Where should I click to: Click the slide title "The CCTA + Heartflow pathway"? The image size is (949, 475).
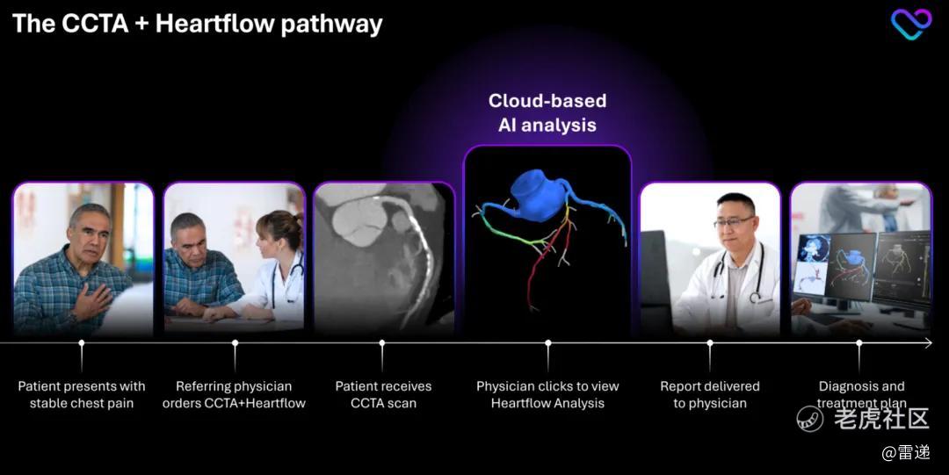[x=198, y=25]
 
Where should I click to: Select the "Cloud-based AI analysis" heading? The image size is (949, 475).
[x=547, y=112]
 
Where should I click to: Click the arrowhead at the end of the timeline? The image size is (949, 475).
[x=928, y=343]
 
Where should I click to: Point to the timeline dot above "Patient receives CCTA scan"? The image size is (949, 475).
[x=382, y=343]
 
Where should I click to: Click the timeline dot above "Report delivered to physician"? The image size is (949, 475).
[x=710, y=343]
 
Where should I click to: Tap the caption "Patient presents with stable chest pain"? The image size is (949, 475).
[x=82, y=394]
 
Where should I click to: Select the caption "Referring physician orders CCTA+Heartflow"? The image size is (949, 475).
[x=235, y=394]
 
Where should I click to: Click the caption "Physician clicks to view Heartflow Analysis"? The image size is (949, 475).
[x=547, y=394]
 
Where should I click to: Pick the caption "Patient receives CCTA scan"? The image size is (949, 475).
[x=384, y=394]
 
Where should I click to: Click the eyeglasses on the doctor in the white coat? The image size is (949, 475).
[x=734, y=222]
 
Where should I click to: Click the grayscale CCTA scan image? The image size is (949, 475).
[x=384, y=258]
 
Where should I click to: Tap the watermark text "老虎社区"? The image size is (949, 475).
[x=881, y=418]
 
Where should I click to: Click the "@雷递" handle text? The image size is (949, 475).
[x=905, y=453]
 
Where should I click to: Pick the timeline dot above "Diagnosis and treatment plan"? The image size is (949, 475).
[x=859, y=343]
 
